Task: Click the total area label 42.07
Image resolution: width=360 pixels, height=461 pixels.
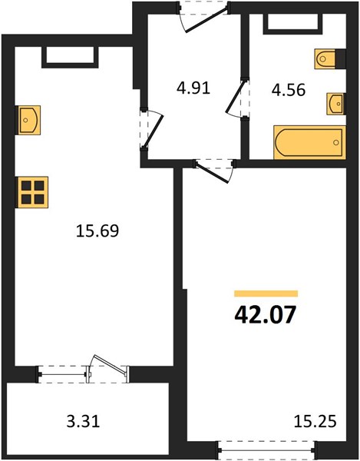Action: pos(265,314)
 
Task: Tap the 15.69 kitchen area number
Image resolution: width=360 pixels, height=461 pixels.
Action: pos(97,230)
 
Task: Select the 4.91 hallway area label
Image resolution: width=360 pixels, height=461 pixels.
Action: pos(193,88)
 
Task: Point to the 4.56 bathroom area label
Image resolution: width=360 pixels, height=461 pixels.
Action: pos(289,90)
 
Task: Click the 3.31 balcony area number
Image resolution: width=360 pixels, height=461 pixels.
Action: pos(84,422)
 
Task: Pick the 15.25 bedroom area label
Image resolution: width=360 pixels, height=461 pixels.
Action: pos(315,422)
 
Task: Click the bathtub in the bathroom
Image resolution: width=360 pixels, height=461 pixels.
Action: pos(309,143)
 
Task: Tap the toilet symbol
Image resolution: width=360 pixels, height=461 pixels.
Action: pos(325,59)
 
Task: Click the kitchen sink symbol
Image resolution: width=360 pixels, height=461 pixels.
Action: pos(29,120)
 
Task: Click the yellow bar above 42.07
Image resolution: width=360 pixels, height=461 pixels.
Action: pos(266,294)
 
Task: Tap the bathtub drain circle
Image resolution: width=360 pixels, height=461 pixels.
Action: pos(336,143)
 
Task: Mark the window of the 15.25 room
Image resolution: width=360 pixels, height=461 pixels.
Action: pos(266,449)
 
